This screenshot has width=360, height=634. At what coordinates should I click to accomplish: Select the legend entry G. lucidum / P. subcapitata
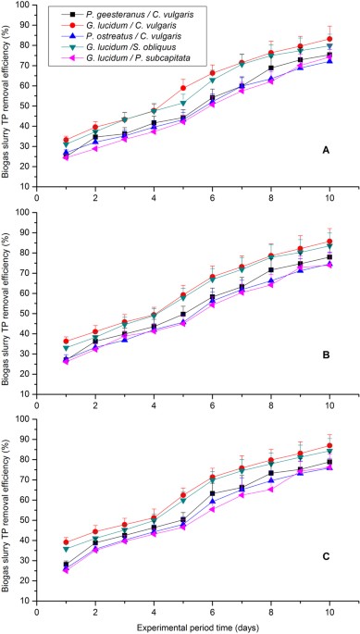(121, 58)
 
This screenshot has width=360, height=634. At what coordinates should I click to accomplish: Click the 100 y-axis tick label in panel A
(23, 7)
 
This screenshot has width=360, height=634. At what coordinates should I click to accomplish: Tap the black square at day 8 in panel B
(270, 269)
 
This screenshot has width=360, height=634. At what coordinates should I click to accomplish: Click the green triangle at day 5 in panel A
(182, 103)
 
